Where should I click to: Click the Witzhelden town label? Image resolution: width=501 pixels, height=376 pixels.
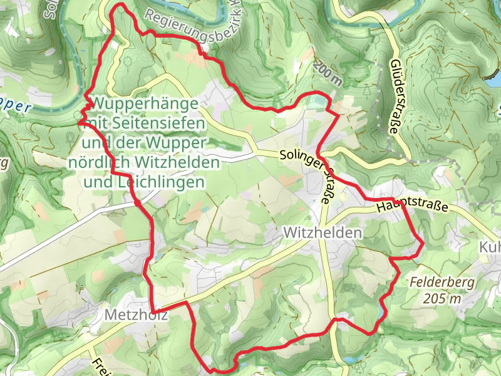pyautogui.click(x=323, y=232)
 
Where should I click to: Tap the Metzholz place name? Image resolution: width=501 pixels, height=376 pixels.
pyautogui.click(x=137, y=315)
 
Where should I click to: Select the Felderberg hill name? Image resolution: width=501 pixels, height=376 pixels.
pyautogui.click(x=443, y=283)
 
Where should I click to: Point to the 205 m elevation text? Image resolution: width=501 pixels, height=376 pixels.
pyautogui.click(x=442, y=299)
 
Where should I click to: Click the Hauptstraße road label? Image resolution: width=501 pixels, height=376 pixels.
pyautogui.click(x=413, y=206)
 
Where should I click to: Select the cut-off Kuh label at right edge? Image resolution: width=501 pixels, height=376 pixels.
pyautogui.click(x=490, y=246)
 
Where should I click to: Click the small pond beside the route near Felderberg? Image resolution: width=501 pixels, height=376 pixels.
pyautogui.click(x=382, y=311)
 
